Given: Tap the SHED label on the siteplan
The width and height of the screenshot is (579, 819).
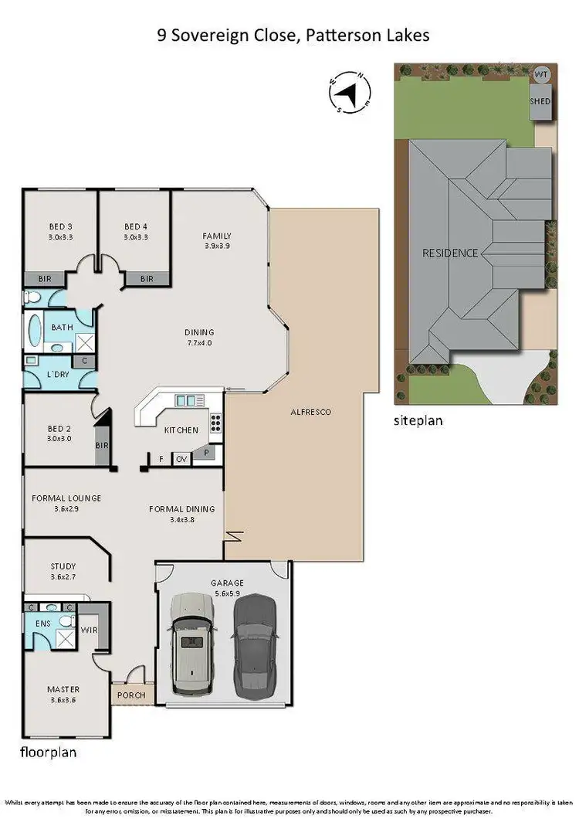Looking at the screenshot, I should pyautogui.click(x=540, y=101).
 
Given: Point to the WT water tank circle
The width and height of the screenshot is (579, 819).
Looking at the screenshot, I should pyautogui.click(x=540, y=75).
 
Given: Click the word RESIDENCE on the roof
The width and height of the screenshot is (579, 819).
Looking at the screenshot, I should pyautogui.click(x=450, y=253).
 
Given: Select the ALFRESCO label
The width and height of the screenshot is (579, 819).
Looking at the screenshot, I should pyautogui.click(x=312, y=412).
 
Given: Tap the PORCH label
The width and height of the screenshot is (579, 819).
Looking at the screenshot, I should pyautogui.click(x=131, y=695).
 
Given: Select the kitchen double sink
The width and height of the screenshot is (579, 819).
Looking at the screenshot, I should pyautogui.click(x=185, y=400).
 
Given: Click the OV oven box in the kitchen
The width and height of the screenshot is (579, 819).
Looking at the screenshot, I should pyautogui.click(x=181, y=459).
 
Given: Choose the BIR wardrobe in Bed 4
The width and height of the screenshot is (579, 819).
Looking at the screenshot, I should pyautogui.click(x=146, y=279).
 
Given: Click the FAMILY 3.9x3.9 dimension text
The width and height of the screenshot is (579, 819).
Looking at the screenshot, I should pyautogui.click(x=217, y=246).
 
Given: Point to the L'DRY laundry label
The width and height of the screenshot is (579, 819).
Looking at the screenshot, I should pyautogui.click(x=59, y=374).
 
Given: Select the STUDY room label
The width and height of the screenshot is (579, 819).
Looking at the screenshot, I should pyautogui.click(x=63, y=566).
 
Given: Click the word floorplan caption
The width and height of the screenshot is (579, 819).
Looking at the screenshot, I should pyautogui.click(x=49, y=751).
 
